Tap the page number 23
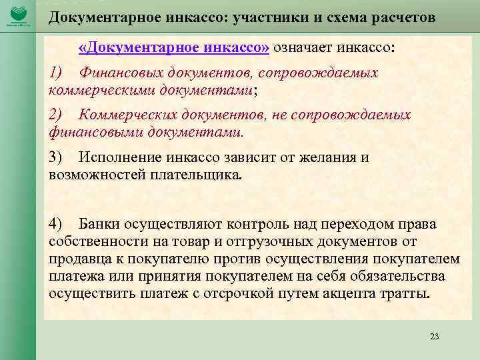435,336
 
